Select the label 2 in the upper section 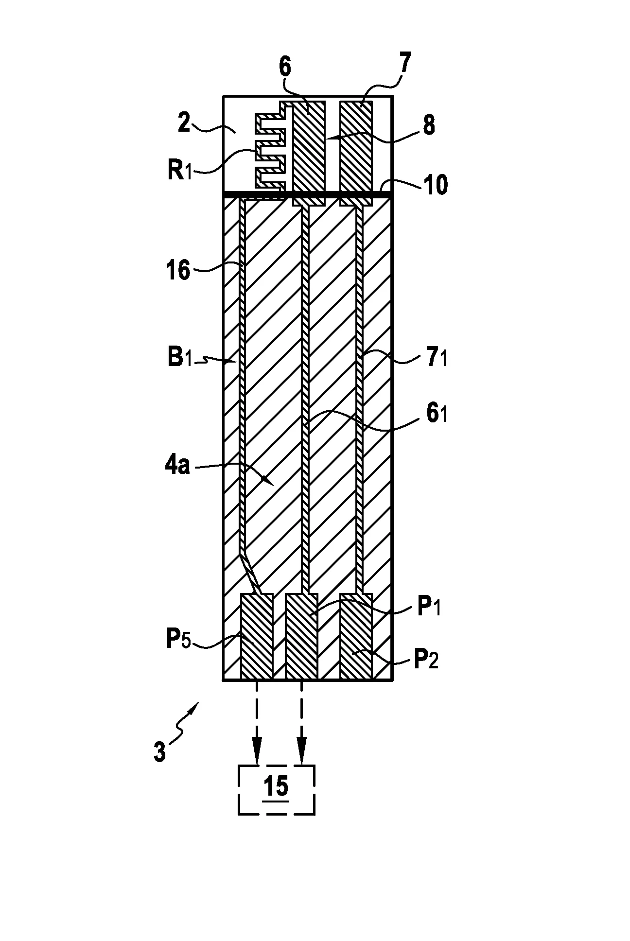pyautogui.click(x=183, y=124)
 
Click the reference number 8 pyautogui.click(x=429, y=125)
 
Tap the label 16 pyautogui.click(x=178, y=270)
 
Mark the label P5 pyautogui.click(x=179, y=640)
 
